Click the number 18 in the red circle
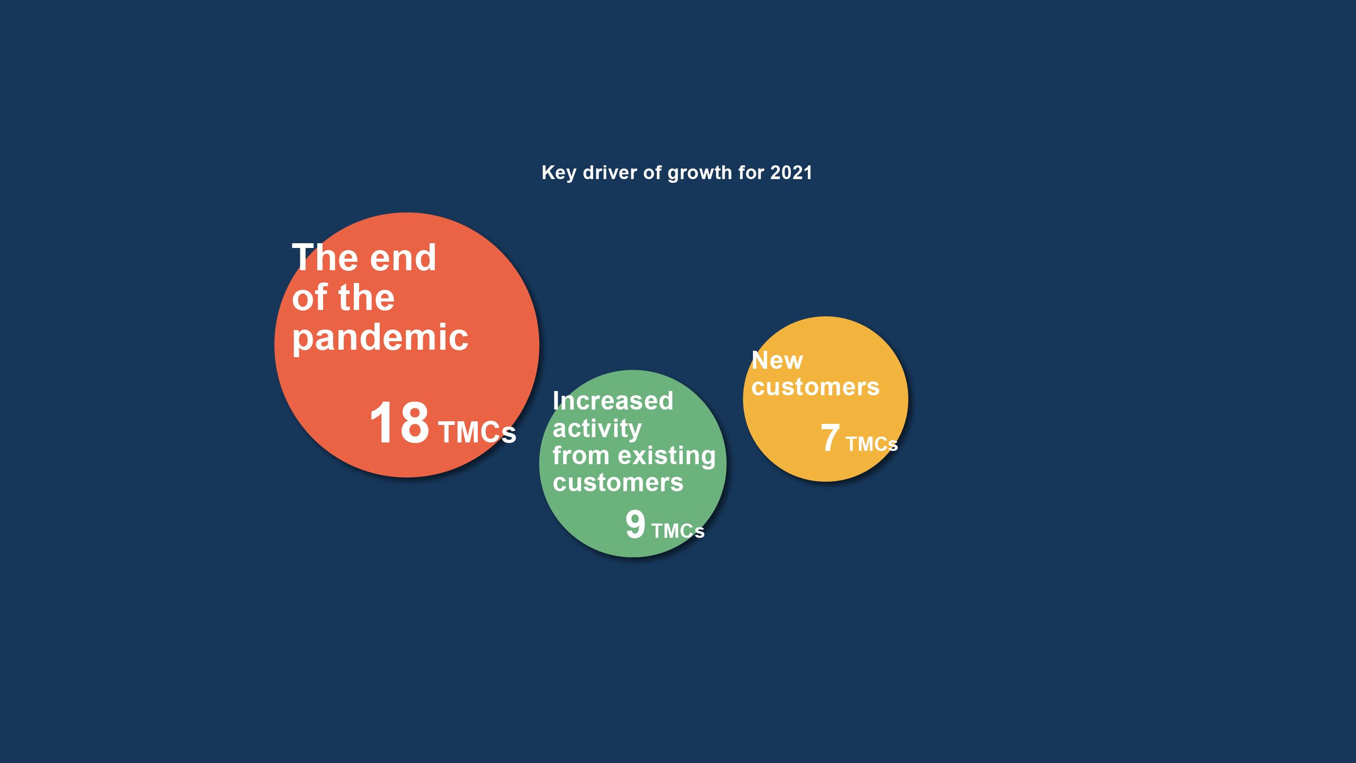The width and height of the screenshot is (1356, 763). tap(399, 422)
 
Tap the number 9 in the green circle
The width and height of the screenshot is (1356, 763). tap(636, 525)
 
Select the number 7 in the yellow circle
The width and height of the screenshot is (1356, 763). tap(831, 438)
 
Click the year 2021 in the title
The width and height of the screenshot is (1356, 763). tap(791, 172)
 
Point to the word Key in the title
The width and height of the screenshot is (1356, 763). tap(559, 173)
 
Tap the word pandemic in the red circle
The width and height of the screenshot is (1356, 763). tap(380, 338)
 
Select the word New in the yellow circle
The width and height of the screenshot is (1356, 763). tap(778, 361)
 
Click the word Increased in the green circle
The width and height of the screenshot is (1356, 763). tap(613, 401)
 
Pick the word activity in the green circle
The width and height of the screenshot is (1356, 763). tap(597, 429)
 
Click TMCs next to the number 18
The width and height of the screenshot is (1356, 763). tap(477, 432)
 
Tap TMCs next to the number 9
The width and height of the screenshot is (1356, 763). tap(678, 531)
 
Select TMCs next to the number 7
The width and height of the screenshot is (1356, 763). tap(872, 444)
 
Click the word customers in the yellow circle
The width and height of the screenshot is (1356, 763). tap(816, 387)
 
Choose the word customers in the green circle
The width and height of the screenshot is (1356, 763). tap(618, 483)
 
